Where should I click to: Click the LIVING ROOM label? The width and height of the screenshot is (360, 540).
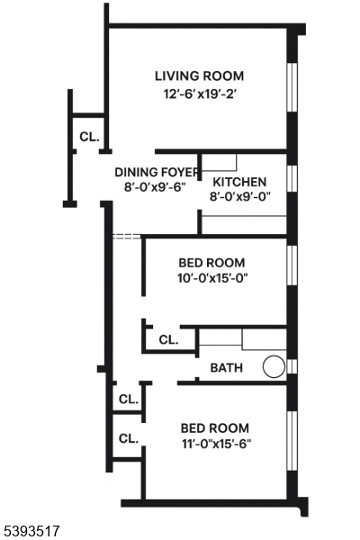pyautogui.click(x=199, y=76)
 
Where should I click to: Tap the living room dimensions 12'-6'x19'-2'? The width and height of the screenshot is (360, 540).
pyautogui.click(x=199, y=94)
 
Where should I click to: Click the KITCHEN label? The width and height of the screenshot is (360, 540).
pyautogui.click(x=238, y=182)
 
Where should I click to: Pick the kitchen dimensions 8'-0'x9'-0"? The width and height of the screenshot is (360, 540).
pyautogui.click(x=239, y=196)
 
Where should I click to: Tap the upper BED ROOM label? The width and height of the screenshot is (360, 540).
pyautogui.click(x=213, y=262)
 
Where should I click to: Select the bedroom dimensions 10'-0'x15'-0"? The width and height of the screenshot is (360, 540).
pyautogui.click(x=213, y=278)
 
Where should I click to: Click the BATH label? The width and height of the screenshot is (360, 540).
pyautogui.click(x=225, y=368)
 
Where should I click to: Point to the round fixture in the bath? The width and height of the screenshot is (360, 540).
pyautogui.click(x=274, y=367)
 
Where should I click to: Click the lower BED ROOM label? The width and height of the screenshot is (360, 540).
pyautogui.click(x=215, y=427)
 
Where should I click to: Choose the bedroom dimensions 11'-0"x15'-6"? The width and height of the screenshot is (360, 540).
pyautogui.click(x=215, y=444)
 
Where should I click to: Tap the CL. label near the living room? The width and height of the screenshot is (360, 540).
pyautogui.click(x=88, y=138)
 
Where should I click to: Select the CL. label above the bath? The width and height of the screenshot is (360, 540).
pyautogui.click(x=168, y=340)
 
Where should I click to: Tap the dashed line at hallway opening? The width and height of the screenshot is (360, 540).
pyautogui.click(x=127, y=236)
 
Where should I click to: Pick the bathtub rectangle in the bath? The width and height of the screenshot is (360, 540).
pyautogui.click(x=265, y=339)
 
